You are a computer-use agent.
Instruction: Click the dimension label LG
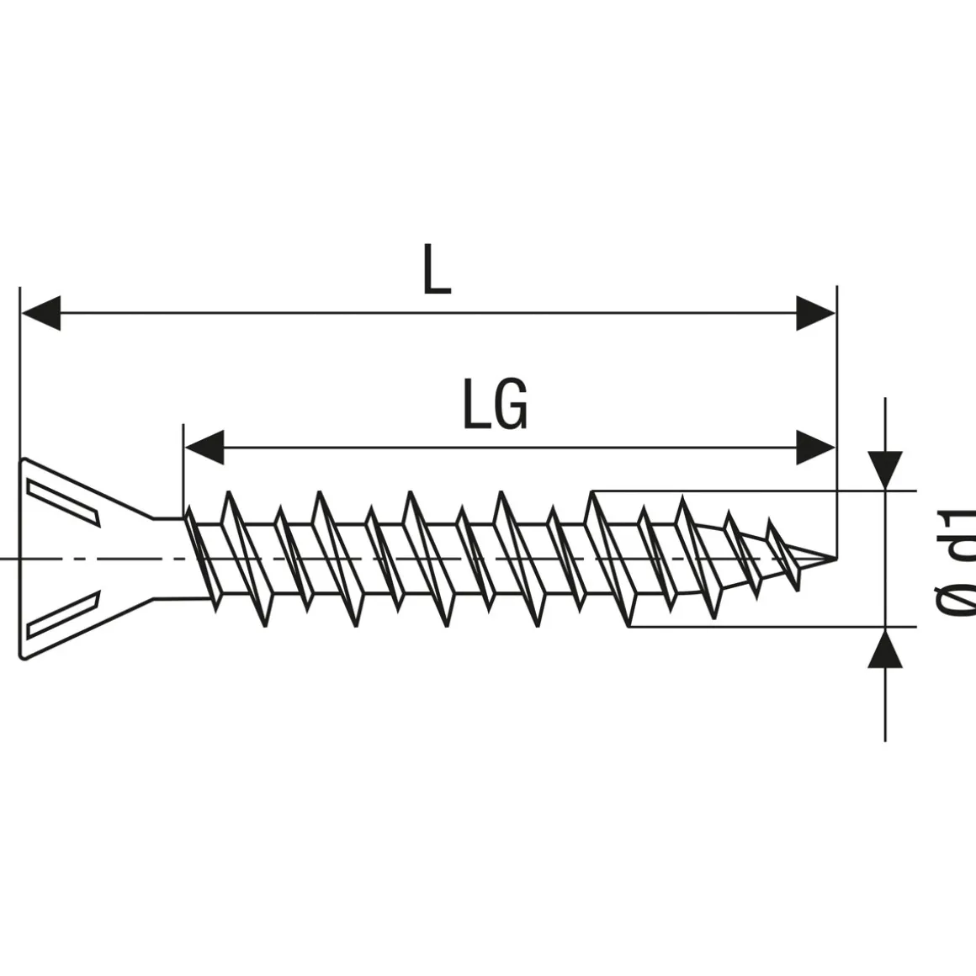click(x=496, y=405)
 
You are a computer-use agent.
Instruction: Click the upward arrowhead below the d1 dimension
click(x=885, y=648)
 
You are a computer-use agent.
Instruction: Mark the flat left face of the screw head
click(x=21, y=557)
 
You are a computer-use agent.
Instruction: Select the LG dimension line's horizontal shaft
click(x=505, y=447)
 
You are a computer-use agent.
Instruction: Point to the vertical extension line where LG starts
click(x=183, y=471)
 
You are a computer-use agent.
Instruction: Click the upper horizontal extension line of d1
click(x=757, y=489)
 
